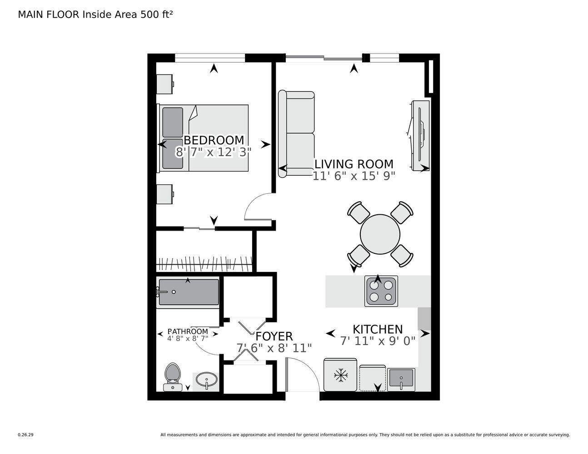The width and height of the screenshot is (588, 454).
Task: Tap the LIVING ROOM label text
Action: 354,164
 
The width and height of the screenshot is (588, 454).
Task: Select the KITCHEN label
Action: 378,329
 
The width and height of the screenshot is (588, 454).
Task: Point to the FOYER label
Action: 274,336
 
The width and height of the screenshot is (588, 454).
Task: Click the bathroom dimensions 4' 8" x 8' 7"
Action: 188,338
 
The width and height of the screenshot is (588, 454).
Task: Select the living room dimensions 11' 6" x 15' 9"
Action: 354,176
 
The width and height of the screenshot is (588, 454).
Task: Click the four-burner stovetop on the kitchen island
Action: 381,291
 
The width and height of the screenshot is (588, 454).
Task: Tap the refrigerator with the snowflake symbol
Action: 340,375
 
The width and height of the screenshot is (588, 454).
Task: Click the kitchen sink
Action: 401,379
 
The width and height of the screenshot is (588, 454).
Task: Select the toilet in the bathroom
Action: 172,376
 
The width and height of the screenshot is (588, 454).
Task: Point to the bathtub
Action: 188,292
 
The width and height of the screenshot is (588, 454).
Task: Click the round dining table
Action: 380,234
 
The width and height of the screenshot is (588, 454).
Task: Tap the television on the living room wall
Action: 420,135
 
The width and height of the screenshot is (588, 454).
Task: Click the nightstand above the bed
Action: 164,84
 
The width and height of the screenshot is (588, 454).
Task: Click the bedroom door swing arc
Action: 258,207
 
